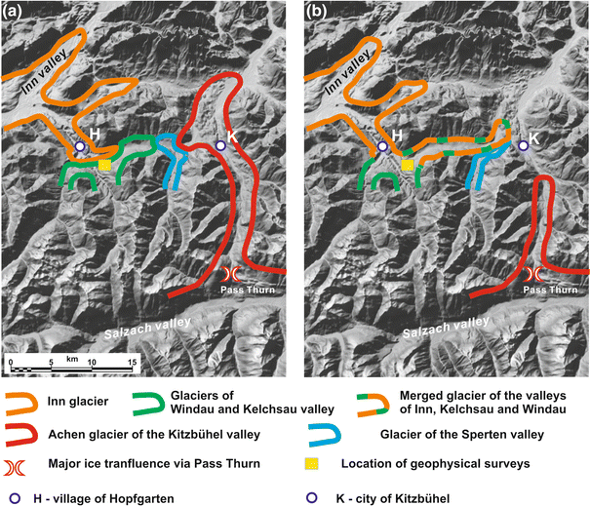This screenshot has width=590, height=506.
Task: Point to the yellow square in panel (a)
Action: click(104, 165)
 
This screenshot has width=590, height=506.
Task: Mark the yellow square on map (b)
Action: click(408, 166)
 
